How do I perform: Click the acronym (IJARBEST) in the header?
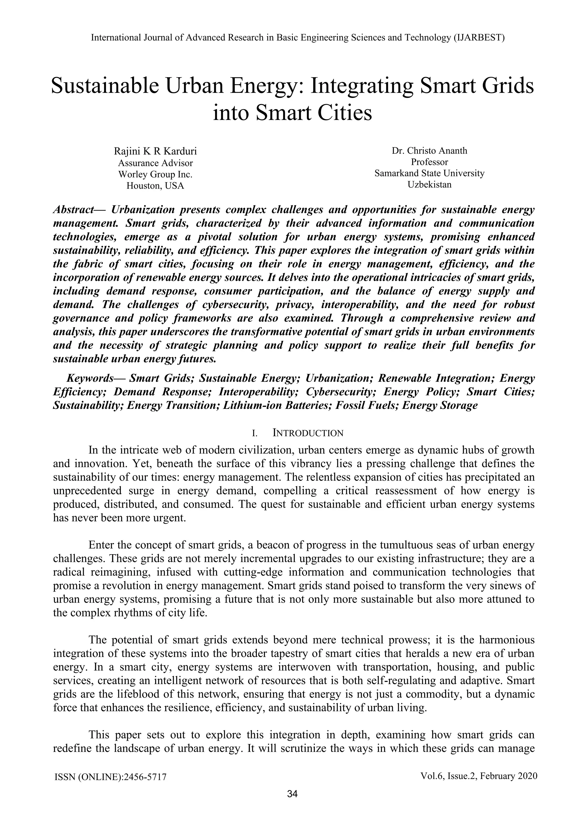click(478, 37)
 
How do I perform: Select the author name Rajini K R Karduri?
click(155, 151)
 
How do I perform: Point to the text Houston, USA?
click(155, 186)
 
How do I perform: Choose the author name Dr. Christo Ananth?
click(429, 151)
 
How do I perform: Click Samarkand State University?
click(429, 173)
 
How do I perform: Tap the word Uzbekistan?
click(429, 185)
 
